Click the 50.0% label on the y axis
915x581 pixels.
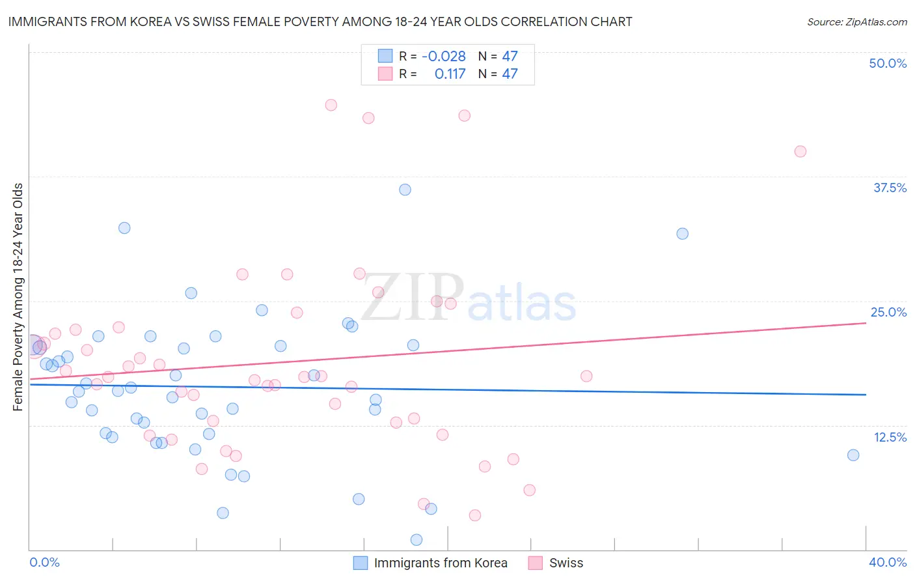tap(888, 63)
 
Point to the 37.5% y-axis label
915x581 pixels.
tap(890, 188)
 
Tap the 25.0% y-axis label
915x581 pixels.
tap(888, 312)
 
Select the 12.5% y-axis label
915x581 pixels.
tap(890, 437)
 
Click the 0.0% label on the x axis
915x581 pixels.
tap(44, 562)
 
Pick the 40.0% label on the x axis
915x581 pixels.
tap(888, 562)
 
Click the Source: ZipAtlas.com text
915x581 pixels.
tap(856, 21)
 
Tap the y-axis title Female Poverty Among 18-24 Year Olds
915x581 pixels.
tap(18, 297)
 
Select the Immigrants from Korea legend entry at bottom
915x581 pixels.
tap(440, 563)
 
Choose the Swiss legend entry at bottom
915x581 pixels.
tap(566, 563)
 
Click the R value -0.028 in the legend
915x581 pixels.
tap(443, 57)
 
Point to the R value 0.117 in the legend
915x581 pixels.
tap(450, 74)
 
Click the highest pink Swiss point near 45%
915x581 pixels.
tap(331, 105)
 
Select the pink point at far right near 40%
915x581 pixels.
tap(800, 151)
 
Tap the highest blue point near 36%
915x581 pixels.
tap(405, 190)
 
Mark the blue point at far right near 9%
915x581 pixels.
tap(853, 455)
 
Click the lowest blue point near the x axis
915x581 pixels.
tap(417, 539)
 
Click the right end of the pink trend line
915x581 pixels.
tap(866, 323)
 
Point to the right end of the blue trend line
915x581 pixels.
tap(866, 395)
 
